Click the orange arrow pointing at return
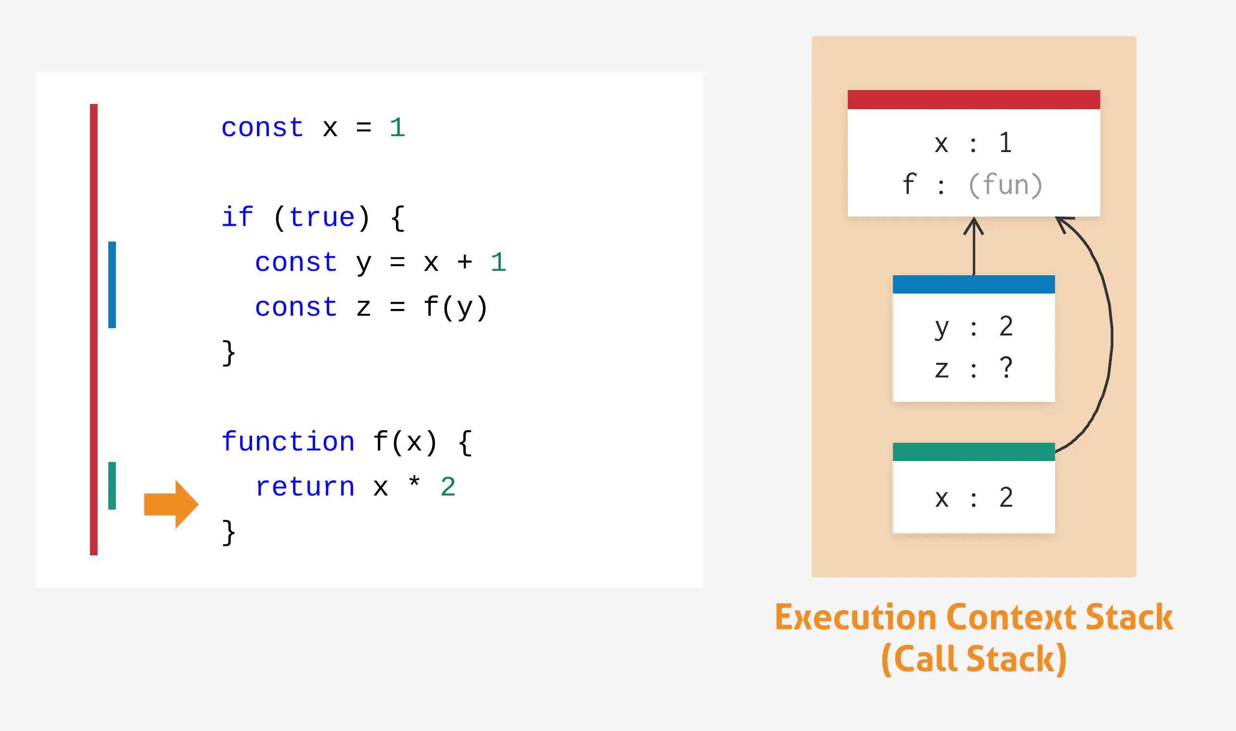coord(171,504)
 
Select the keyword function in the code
coord(288,441)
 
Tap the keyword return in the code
coord(305,487)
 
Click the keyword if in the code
coord(237,217)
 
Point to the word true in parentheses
coord(321,217)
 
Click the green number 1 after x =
coord(397,128)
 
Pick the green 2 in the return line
coord(448,487)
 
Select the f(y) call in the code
coord(456,308)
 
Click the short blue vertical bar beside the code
coord(112,285)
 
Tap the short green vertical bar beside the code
coord(112,486)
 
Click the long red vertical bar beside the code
coord(93,330)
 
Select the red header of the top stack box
coord(973,100)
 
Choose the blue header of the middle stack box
coord(973,284)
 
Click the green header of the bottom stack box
coord(973,452)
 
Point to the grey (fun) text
coord(1005,185)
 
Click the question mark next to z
coord(1006,368)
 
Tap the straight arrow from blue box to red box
coord(973,246)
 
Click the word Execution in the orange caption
coord(856,617)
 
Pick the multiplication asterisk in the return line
coord(414,481)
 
